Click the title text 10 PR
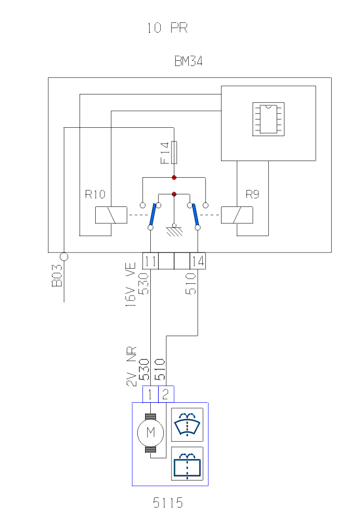pos(167,28)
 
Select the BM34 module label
pos(188,62)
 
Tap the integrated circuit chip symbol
pos(268,119)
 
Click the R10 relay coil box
pos(111,215)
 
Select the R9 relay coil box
pos(237,215)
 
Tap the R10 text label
pos(95,195)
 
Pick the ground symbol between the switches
pos(174,231)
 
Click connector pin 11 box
pos(150,261)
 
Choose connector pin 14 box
pos(198,261)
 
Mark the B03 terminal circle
pos(64,256)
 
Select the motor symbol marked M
pos(150,432)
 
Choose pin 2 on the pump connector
pos(166,394)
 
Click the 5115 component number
pos(168,503)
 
